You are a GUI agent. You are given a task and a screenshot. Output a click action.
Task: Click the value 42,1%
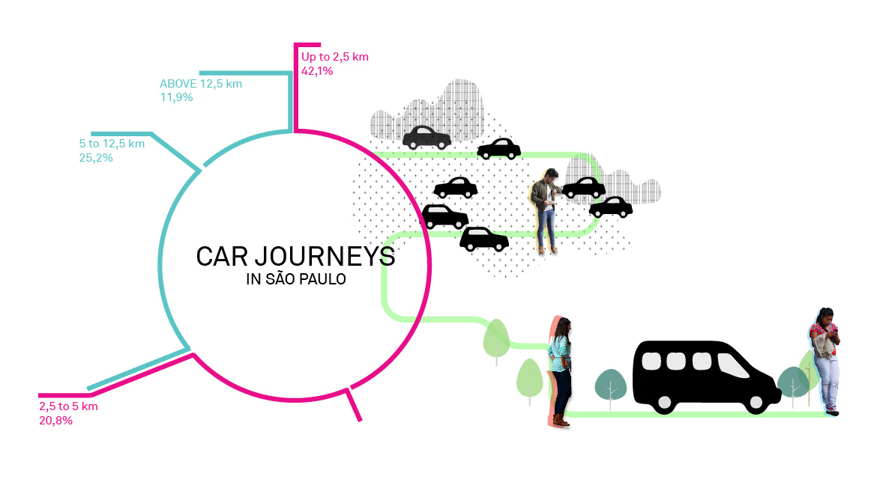316,71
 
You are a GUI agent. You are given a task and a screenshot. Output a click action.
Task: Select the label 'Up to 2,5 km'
334,57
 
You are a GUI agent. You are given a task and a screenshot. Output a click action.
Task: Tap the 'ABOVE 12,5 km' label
201,84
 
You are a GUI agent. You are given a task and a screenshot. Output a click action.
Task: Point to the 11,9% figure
176,97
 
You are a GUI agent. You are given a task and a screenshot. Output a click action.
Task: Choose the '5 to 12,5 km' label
112,144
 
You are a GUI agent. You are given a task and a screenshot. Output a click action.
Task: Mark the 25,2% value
95,157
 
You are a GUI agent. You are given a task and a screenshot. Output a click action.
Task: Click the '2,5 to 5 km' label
68,406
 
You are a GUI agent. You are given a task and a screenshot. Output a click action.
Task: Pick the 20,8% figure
55,420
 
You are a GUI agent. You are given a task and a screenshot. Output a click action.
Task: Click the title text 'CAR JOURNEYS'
295,257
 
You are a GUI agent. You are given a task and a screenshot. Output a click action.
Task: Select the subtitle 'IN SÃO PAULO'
295,280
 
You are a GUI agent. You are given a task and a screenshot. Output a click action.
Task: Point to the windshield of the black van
738,365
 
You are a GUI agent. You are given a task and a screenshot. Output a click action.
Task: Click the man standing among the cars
545,210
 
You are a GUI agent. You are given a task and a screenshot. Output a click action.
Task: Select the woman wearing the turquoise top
561,367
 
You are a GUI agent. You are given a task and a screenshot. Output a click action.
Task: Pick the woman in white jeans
825,359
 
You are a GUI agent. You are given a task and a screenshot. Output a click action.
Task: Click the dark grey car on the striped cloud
427,137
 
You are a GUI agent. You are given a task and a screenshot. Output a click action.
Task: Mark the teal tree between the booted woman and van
610,385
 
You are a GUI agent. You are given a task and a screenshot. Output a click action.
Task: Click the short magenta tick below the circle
353,404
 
